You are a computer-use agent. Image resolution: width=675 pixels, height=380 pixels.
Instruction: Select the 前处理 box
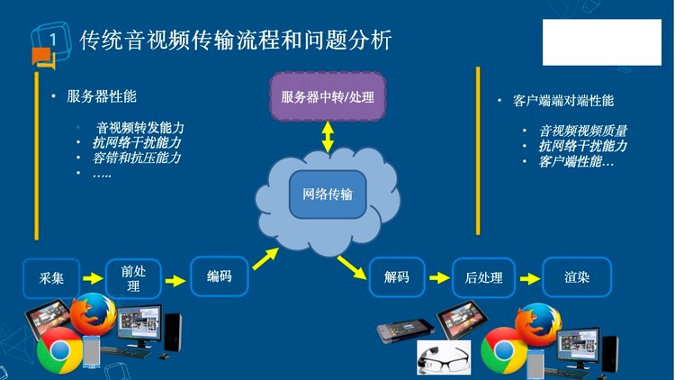point(133,277)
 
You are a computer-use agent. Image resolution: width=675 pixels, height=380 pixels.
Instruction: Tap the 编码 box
point(219,276)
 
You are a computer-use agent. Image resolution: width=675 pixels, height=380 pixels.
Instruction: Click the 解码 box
point(396,277)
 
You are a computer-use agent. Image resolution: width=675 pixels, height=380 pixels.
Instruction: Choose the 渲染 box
point(577,277)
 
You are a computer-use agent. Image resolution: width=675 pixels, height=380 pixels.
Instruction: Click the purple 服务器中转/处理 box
point(327,96)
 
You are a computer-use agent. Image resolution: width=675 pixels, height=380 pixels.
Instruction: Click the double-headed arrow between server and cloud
point(328,138)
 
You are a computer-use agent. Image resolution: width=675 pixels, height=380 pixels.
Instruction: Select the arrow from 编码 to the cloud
point(265,258)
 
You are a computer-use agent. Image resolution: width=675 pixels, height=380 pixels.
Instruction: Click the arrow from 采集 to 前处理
point(92,278)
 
